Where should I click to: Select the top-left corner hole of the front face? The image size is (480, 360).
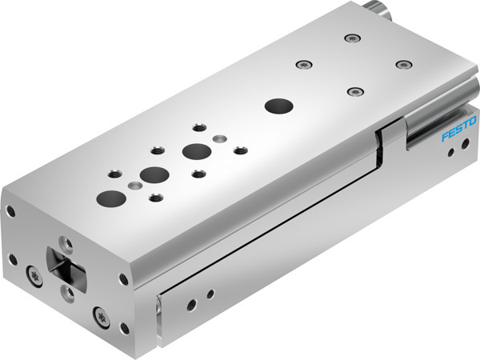pyautogui.click(x=11, y=212)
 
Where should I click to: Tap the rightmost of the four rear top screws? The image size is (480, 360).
pyautogui.click(x=402, y=63)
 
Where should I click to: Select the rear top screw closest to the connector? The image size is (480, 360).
pyautogui.click(x=349, y=38)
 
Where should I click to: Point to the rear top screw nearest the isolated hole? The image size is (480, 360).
pyautogui.click(x=352, y=91)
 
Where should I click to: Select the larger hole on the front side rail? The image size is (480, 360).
pyautogui.click(x=191, y=305)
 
